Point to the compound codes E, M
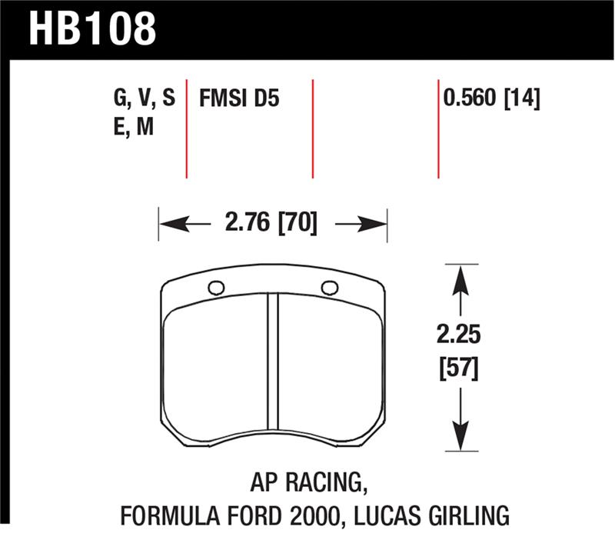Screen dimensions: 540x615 pos(133,127)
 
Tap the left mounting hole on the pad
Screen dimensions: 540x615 pos(216,288)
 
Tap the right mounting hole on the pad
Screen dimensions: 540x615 pos(330,288)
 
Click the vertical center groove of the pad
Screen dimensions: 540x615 pos(271,362)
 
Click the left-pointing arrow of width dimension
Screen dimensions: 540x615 pos(175,225)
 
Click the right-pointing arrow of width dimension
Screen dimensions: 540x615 pos(370,225)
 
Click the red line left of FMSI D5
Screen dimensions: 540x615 pos(187,127)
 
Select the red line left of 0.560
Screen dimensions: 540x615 pos(438,127)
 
